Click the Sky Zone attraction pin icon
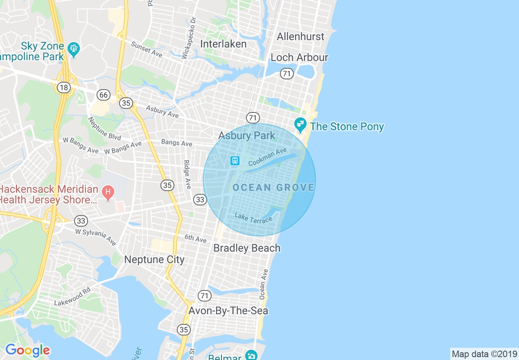pos(74,49)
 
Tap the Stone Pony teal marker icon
pos(300,124)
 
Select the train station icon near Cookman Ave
pos(235,160)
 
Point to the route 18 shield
pos(63,87)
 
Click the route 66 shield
pos(104,95)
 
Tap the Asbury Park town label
pos(246,135)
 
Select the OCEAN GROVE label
pos(273,188)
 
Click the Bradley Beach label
pos(247,248)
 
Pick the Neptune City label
pos(154,259)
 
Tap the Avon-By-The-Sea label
pos(228,310)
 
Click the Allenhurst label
pos(300,36)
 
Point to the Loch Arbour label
pos(299,57)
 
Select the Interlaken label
pos(223,44)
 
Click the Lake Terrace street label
pos(253,218)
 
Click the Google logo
pos(27,350)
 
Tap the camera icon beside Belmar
pos(251,355)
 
